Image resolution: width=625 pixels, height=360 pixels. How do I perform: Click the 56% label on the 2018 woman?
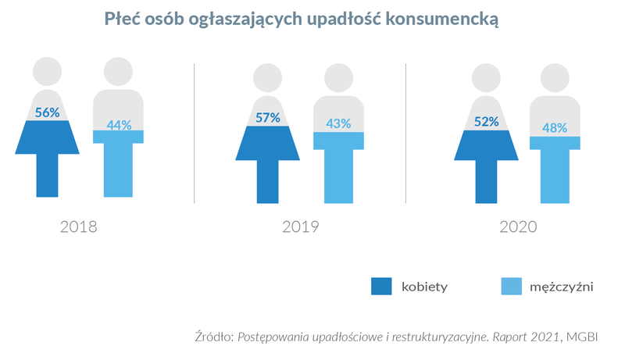pyautogui.click(x=47, y=112)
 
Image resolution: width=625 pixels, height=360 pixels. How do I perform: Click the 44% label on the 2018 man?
pyautogui.click(x=119, y=124)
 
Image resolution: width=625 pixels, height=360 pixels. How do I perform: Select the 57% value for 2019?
pyautogui.click(x=268, y=118)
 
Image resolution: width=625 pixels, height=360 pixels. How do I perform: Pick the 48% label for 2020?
pyautogui.click(x=555, y=128)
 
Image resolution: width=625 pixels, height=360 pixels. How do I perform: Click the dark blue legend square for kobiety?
pyautogui.click(x=380, y=287)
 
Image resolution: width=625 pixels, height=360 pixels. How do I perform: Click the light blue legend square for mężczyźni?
pyautogui.click(x=509, y=287)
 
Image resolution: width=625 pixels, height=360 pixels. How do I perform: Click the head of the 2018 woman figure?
pyautogui.click(x=47, y=72)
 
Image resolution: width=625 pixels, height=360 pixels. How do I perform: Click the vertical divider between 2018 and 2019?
pyautogui.click(x=194, y=133)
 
